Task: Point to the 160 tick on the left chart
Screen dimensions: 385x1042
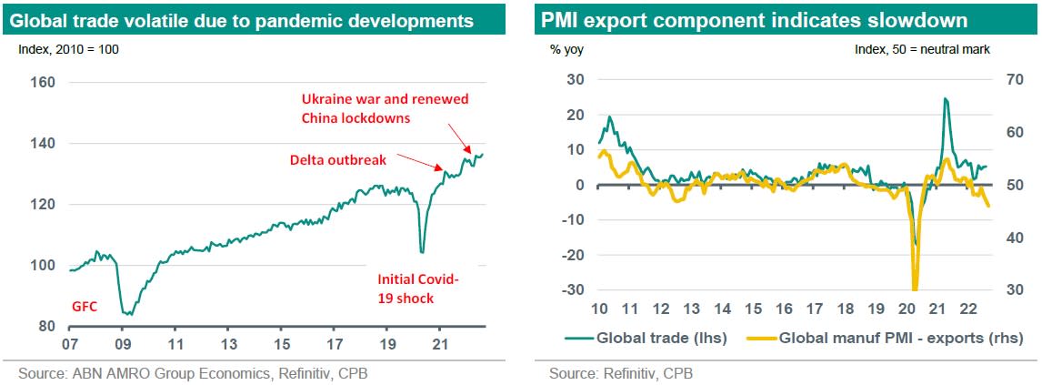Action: (44, 83)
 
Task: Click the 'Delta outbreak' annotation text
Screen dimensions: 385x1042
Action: (338, 160)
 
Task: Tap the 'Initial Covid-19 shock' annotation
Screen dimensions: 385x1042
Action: (418, 289)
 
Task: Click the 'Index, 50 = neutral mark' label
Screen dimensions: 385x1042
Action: (922, 49)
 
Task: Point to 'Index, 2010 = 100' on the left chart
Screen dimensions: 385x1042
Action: (68, 49)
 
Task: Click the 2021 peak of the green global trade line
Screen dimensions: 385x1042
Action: (946, 98)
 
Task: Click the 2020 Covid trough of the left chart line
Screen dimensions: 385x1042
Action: (422, 252)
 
